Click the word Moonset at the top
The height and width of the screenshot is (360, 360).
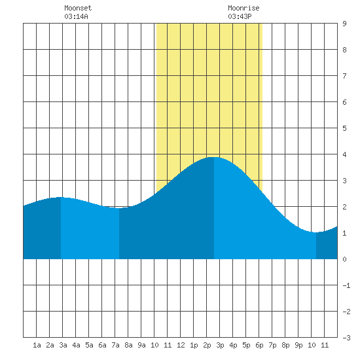[78, 8]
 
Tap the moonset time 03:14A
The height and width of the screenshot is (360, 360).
[76, 16]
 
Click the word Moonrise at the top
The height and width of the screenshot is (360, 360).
[243, 8]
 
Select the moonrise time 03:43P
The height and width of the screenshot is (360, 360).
[240, 16]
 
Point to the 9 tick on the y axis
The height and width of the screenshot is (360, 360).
[344, 24]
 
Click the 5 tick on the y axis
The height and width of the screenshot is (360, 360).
[344, 128]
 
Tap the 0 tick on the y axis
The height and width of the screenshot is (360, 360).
[344, 259]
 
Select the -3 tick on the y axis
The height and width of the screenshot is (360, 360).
[346, 338]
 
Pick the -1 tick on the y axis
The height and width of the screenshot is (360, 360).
[346, 285]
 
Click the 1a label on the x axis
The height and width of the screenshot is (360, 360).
[37, 345]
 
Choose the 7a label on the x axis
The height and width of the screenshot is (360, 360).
[115, 345]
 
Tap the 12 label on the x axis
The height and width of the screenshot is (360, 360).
[181, 345]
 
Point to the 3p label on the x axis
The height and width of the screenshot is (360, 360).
[220, 345]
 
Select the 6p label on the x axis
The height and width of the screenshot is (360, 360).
[259, 345]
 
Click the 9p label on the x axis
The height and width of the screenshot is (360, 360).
[298, 345]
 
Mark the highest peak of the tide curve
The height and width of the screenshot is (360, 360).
[214, 157]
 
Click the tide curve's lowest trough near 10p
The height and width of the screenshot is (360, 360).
[316, 232]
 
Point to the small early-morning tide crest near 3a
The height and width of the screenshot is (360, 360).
[61, 197]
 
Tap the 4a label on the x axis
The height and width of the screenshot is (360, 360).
[76, 345]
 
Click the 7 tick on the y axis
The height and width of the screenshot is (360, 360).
[344, 76]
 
